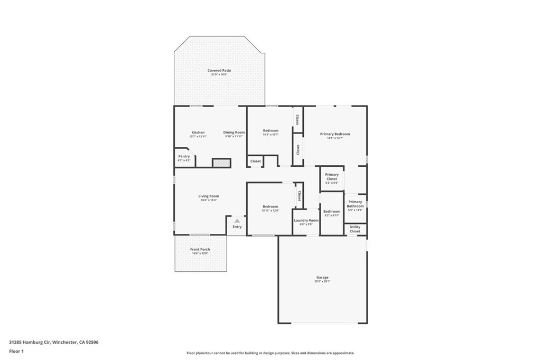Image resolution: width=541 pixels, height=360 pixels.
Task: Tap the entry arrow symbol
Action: point(237,221)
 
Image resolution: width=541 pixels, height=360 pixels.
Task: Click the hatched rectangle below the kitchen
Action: point(221,163)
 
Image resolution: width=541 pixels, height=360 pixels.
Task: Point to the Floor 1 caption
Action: point(16,351)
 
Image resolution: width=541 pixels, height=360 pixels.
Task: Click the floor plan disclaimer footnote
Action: point(270,353)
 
